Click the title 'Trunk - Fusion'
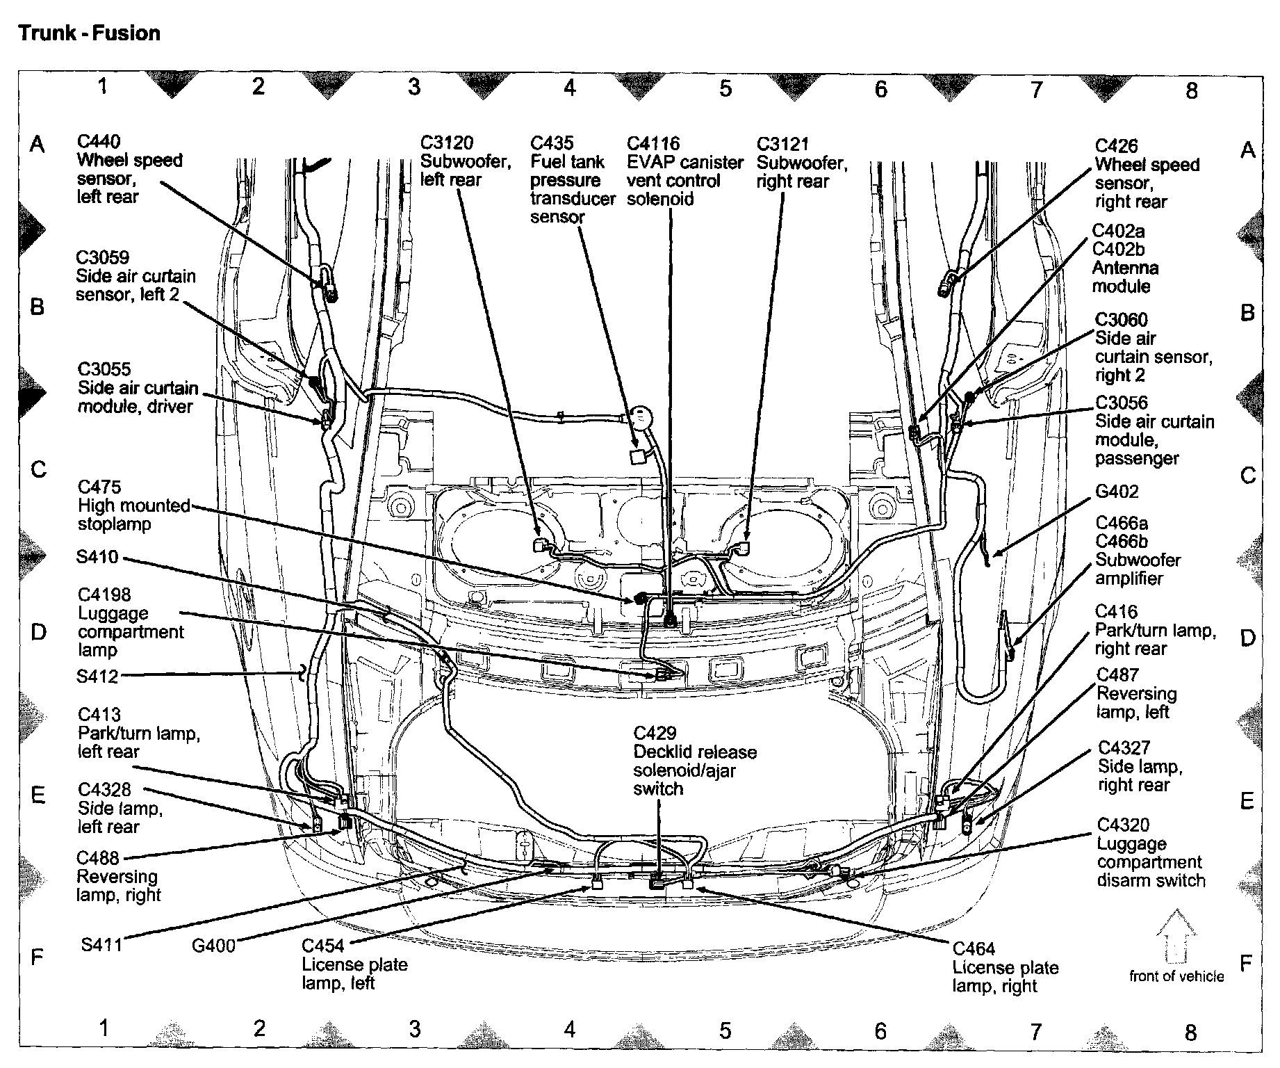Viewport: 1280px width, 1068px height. tap(90, 33)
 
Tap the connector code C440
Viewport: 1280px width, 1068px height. tap(98, 142)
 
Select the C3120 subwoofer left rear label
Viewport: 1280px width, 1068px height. tap(447, 143)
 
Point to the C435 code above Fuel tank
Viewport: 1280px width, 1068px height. tap(552, 143)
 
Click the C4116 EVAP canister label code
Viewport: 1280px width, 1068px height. tap(653, 144)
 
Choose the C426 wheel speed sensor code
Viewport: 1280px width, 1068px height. tap(1117, 146)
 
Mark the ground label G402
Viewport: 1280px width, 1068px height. tap(1117, 492)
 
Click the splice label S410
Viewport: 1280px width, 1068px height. tap(98, 558)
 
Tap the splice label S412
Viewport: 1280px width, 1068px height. tap(98, 676)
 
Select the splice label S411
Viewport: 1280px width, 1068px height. tap(101, 944)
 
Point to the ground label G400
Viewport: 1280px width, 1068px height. tap(213, 945)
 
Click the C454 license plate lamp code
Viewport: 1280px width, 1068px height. tap(323, 946)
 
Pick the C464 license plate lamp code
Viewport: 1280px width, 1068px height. tap(974, 948)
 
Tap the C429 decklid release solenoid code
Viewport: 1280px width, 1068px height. tap(655, 734)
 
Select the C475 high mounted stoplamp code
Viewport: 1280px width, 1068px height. tap(99, 487)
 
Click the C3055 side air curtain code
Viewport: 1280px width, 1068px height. tap(104, 369)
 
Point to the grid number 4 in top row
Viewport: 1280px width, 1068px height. tap(570, 88)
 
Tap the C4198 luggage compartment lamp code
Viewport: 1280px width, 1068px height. tap(104, 594)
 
